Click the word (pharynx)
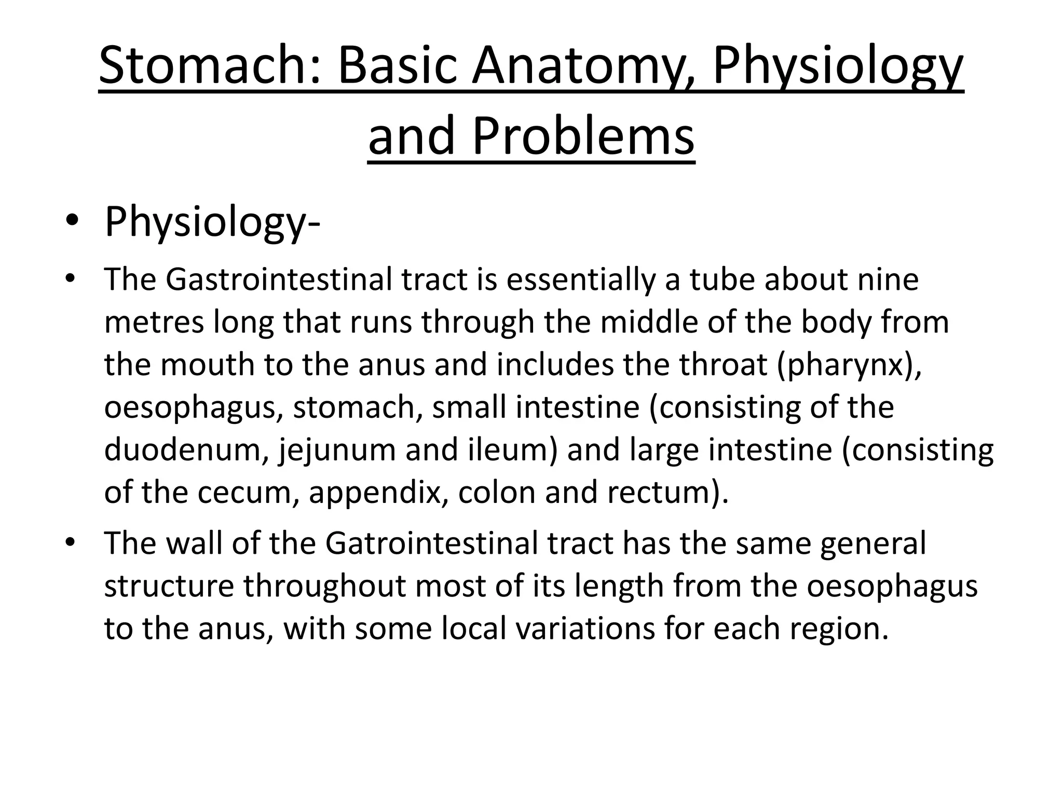point(849,365)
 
